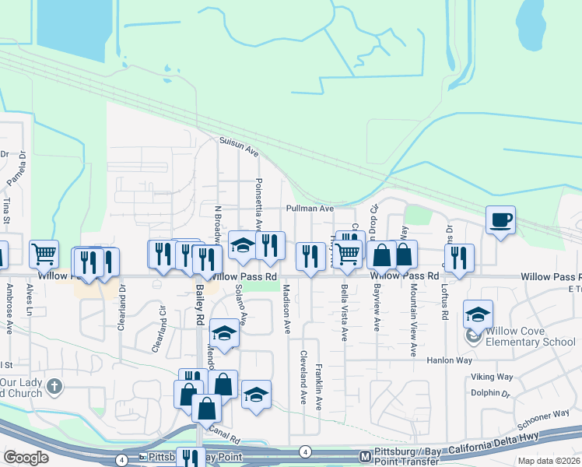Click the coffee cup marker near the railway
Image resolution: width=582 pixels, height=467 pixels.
click(x=501, y=219)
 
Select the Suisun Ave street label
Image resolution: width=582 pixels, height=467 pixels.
click(x=238, y=146)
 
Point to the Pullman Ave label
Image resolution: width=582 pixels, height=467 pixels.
click(x=309, y=209)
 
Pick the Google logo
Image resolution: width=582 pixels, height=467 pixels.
click(x=26, y=458)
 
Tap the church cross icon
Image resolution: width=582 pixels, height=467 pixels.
click(x=54, y=386)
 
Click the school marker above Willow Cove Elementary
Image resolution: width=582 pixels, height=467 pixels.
click(x=478, y=314)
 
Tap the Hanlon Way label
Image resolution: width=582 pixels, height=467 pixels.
click(x=449, y=360)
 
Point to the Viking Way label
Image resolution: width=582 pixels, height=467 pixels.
click(x=492, y=377)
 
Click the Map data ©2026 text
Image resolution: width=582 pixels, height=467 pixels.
click(x=549, y=461)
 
